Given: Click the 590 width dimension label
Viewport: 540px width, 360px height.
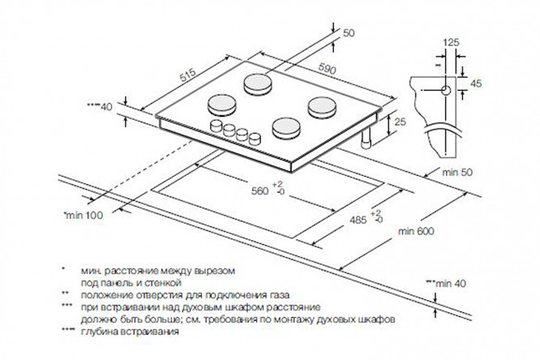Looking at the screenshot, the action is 327,69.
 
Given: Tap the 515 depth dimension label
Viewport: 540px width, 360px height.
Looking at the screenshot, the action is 188,75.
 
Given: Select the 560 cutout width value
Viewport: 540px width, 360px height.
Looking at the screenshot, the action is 259,191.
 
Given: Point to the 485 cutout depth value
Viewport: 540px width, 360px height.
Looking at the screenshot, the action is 358,220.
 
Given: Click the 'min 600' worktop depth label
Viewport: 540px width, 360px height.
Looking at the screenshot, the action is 416,231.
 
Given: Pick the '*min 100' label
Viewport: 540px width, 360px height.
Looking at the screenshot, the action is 83,216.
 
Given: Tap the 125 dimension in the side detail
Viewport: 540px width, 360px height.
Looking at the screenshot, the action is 451,42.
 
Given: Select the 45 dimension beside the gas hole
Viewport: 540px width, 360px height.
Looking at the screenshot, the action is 476,84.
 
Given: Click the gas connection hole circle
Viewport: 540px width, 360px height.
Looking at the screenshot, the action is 446,91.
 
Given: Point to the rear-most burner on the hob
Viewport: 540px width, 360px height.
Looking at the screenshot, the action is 258,84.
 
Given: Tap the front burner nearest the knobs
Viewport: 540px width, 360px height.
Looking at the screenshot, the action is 286,128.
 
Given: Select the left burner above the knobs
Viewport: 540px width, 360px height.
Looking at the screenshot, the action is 222,105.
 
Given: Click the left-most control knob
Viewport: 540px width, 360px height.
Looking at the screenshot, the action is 216,126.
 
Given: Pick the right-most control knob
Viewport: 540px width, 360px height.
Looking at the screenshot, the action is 255,139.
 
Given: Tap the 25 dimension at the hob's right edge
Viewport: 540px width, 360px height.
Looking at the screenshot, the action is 400,122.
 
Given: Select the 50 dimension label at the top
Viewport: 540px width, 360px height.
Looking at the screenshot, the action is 349,33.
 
